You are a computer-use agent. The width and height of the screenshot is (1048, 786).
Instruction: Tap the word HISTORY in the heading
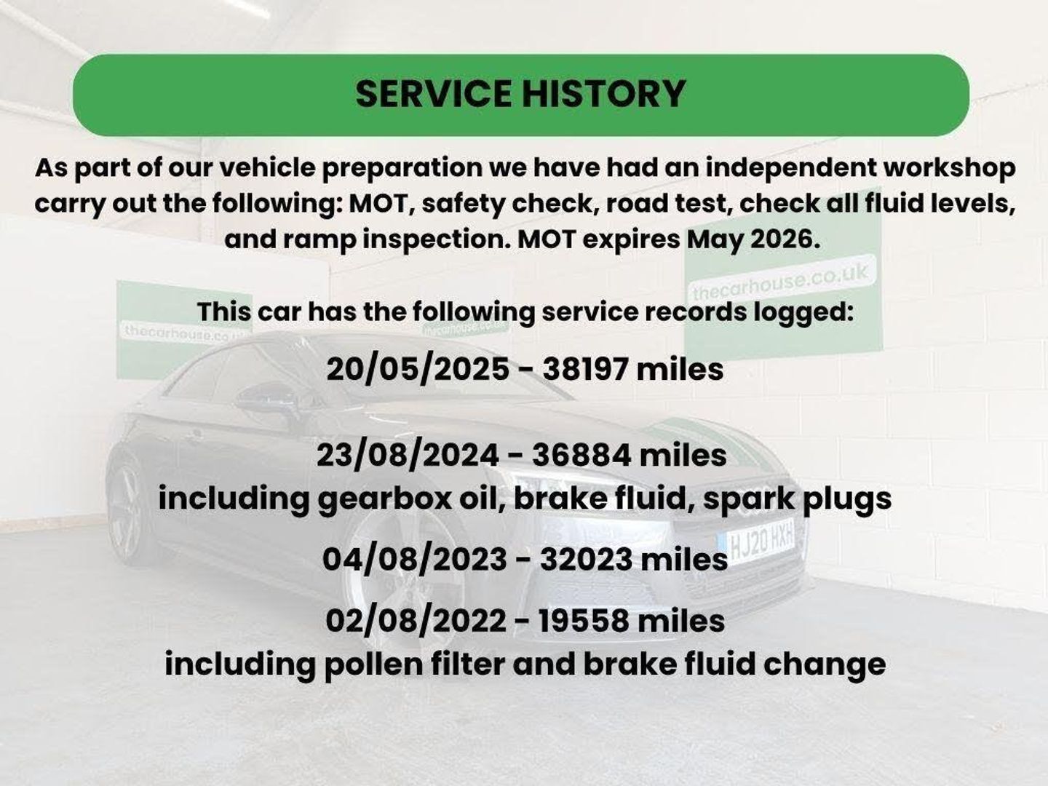coord(603,94)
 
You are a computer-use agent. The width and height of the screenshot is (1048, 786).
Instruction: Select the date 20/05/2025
coord(418,370)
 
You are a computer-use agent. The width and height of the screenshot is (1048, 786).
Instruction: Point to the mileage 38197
coord(585,370)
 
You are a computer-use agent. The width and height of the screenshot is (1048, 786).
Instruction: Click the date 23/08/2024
coord(408,456)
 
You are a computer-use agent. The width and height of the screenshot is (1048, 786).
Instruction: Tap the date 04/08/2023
coord(414,560)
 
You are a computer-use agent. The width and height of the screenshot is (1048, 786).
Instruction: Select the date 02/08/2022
coord(416,621)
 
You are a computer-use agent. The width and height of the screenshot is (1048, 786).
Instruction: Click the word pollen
coord(374,664)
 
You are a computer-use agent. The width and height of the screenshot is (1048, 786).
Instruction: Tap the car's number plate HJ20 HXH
coord(757,544)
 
